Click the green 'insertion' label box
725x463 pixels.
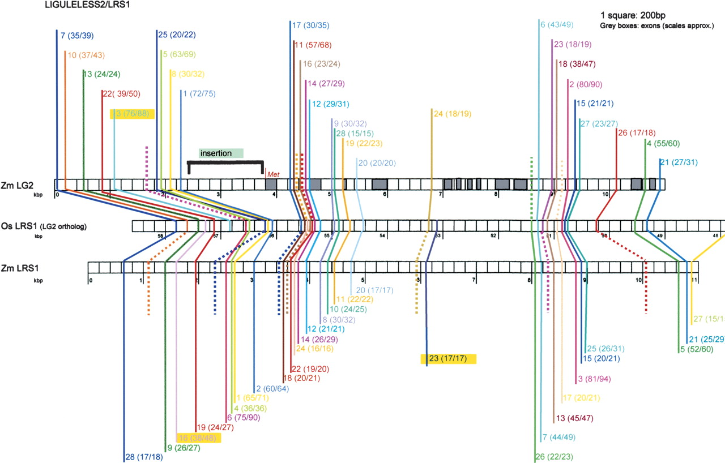(221, 153)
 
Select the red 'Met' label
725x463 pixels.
(274, 175)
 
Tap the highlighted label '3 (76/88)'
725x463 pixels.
(133, 114)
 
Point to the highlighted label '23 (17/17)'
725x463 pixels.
(449, 358)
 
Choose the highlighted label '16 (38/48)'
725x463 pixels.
(198, 438)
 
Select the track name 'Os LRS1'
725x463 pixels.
(24, 226)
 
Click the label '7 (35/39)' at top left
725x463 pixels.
(77, 36)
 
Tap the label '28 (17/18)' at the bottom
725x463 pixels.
(144, 457)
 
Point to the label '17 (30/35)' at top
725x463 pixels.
(311, 25)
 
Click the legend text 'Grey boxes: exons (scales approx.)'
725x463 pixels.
(656, 26)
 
